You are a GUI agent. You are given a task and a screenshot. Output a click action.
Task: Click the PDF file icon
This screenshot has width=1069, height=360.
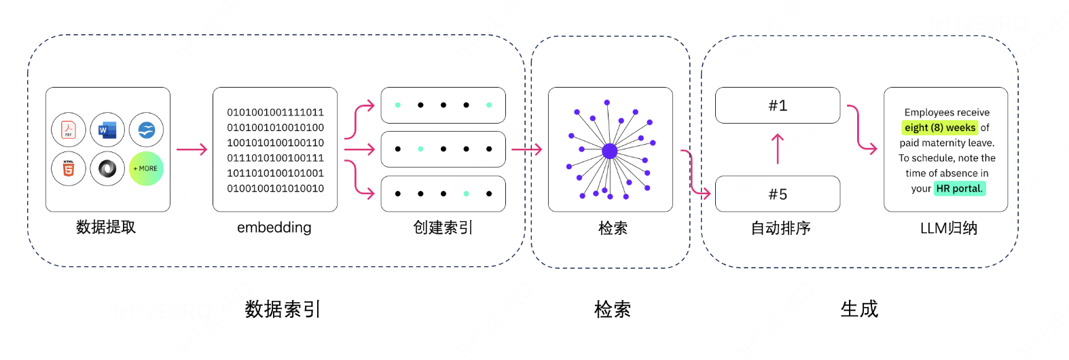coord(69,130)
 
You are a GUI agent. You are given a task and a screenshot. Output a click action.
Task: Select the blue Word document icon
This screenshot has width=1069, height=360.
coord(107,130)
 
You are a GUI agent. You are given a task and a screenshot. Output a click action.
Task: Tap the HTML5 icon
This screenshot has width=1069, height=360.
coord(69,168)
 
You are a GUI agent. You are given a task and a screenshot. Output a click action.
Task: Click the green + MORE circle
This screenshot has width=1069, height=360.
coord(146,168)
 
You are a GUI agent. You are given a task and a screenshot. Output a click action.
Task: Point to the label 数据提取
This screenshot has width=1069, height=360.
coord(106,227)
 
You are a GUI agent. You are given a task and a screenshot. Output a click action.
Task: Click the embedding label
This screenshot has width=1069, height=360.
coord(274,228)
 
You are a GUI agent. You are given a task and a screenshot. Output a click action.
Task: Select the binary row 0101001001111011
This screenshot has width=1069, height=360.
coord(275,112)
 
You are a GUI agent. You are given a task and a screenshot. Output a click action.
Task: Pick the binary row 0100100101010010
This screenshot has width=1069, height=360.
coord(275,188)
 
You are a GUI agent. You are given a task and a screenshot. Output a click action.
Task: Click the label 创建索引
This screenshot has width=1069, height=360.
coord(443,228)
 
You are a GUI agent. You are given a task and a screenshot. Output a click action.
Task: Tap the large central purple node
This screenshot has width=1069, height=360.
coord(610,151)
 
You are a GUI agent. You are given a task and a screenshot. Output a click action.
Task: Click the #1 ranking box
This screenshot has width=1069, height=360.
coord(778,105)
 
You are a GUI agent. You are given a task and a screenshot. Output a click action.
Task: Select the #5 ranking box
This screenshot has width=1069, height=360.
coord(778,194)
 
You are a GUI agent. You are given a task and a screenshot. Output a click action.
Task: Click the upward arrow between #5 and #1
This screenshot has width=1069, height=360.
coord(778,149)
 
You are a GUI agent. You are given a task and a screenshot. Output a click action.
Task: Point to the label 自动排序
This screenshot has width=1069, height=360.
coord(780,228)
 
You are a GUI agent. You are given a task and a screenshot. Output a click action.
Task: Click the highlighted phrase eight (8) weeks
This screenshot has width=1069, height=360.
coord(940,128)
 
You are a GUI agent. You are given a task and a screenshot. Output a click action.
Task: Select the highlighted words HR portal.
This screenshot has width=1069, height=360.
coord(959,188)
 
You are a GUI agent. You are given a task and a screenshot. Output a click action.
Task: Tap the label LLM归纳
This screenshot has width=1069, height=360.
coord(948,228)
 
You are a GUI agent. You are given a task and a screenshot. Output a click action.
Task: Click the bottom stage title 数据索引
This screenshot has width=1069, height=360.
coord(283,310)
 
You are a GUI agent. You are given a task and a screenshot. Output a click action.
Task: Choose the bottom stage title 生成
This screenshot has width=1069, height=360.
coord(859,310)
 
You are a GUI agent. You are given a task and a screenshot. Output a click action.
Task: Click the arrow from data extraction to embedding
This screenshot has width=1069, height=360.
coord(192,149)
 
